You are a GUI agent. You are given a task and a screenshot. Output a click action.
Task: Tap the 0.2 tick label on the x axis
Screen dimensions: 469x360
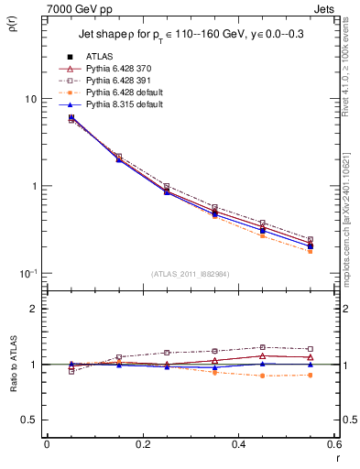point(142,444)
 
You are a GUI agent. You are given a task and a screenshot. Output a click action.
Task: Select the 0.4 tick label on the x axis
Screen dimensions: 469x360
point(238,444)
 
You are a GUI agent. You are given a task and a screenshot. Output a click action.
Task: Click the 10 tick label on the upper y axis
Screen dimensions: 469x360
point(30,99)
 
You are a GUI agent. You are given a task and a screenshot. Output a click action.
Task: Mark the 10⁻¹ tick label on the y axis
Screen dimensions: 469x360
point(28,273)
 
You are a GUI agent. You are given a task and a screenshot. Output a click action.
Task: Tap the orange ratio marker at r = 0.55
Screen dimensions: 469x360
point(311,375)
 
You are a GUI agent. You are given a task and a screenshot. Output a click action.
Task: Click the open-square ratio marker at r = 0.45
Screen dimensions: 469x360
point(262,347)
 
